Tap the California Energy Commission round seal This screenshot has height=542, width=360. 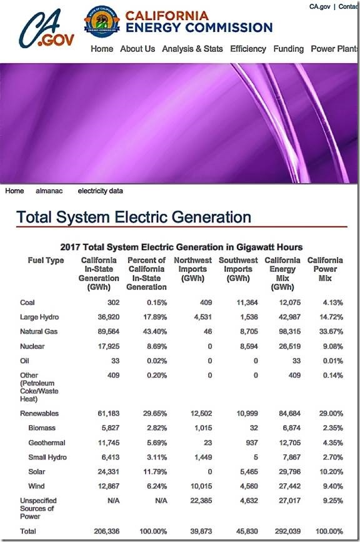coord(102,21)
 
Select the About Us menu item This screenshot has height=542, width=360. coord(137,49)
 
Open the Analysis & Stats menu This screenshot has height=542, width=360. coord(192,49)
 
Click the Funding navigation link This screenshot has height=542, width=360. coord(289,49)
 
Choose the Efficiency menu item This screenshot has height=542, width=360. coord(248,49)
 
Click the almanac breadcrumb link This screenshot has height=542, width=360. coord(49,191)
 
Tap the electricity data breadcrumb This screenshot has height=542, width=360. coord(100,191)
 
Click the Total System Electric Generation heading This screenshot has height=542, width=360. coord(134,217)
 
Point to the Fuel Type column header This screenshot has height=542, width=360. coord(46,260)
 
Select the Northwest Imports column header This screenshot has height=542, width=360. coord(192,269)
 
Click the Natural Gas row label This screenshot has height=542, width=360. coord(39,331)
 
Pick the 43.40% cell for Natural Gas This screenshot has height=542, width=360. coord(155,331)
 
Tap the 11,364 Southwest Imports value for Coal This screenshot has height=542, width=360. coord(247,303)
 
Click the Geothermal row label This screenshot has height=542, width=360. coord(47,443)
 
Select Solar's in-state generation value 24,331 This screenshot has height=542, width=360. coord(109,472)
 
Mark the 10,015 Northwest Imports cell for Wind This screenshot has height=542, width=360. coord(201,486)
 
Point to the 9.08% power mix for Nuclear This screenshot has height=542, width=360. coord(332,346)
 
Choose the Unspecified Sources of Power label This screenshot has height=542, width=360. coord(38,508)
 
